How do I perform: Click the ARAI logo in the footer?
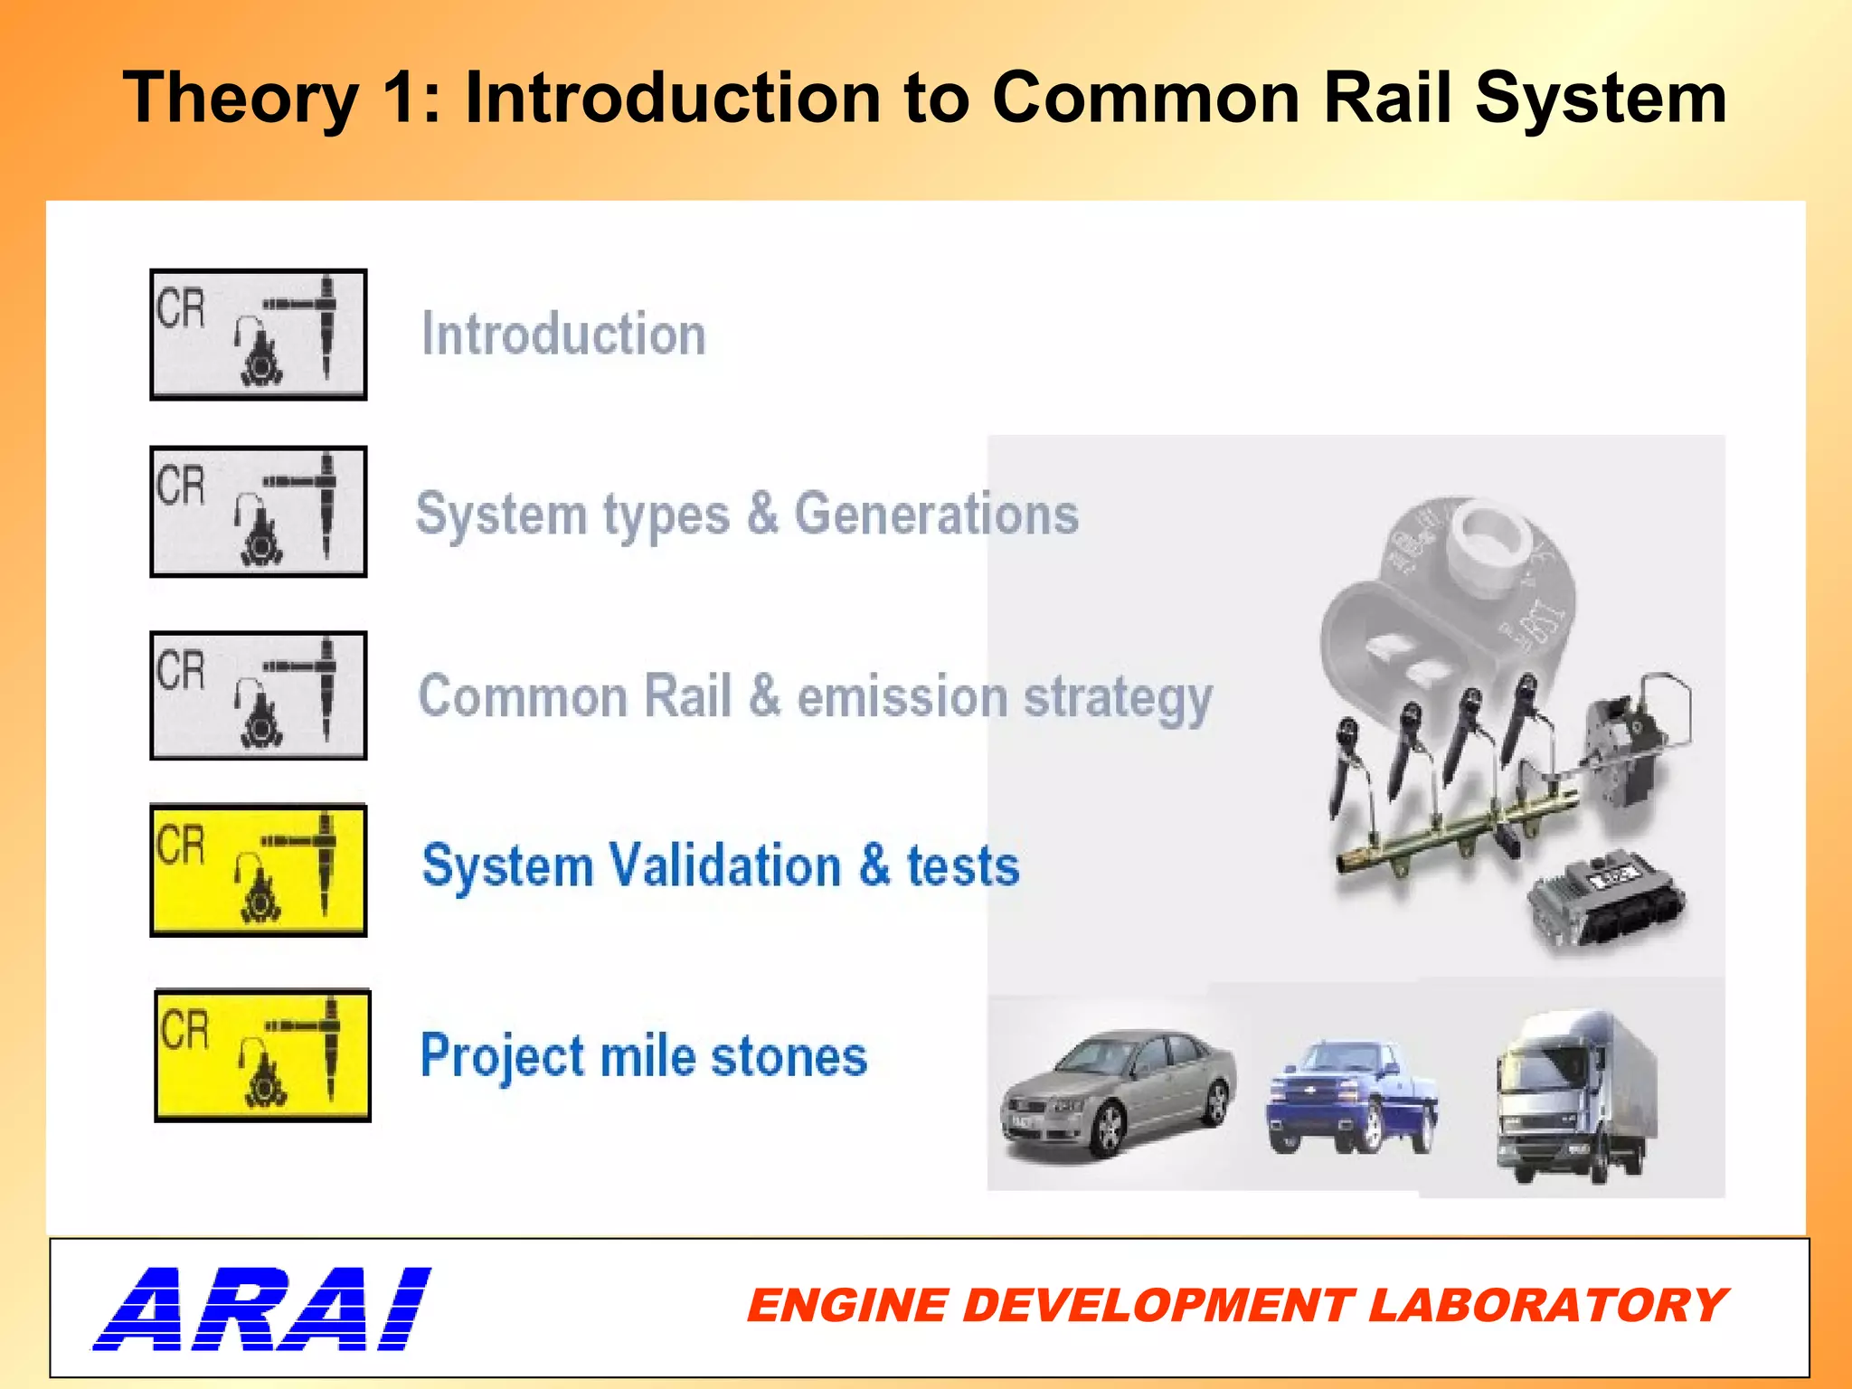coord(262,1308)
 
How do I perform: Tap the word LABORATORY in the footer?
coord(1546,1306)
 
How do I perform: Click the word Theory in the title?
coord(241,99)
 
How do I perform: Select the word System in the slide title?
coord(1601,98)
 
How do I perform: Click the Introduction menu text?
coord(563,335)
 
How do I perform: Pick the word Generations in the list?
coord(936,514)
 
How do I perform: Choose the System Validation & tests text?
coord(721,865)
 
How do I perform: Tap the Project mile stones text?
coord(644,1055)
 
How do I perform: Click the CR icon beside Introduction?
coord(259,335)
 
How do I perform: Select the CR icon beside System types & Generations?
coord(259,512)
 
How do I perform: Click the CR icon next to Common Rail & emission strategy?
coord(259,695)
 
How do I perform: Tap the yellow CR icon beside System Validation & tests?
coord(259,870)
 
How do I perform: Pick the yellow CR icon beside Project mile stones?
coord(262,1055)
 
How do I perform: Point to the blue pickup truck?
coord(1353,1098)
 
